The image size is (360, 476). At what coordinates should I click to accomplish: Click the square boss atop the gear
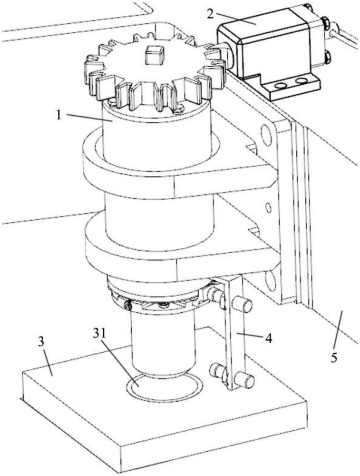coord(155,55)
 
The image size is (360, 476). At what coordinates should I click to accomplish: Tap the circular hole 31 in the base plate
coord(164,386)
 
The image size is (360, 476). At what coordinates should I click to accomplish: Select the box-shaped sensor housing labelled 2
coord(267,51)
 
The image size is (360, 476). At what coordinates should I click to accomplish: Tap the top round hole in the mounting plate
coord(266,134)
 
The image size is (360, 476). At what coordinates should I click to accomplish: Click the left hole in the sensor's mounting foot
coord(281,86)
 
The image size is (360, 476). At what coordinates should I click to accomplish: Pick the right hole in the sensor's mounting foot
coord(301,81)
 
